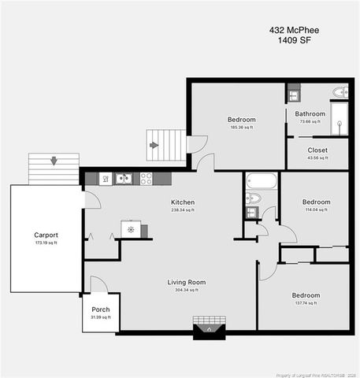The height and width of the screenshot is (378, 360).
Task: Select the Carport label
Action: pos(46,235)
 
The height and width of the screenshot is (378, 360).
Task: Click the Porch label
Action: pos(101,309)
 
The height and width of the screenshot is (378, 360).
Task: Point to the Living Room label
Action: pos(187,282)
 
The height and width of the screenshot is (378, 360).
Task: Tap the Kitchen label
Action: pos(183,202)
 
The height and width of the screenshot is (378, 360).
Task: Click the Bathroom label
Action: pos(310,113)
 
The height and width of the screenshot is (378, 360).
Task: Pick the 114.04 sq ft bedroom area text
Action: pos(316,209)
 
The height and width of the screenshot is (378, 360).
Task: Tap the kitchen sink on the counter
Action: pos(123,179)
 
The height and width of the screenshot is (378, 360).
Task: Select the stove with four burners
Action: pos(146,179)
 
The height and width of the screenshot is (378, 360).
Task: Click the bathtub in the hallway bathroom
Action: pos(261,180)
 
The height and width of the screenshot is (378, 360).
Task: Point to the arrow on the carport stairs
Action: pos(54,161)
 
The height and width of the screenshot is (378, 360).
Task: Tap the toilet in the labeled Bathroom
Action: pos(340,92)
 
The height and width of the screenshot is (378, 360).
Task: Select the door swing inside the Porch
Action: pos(98,285)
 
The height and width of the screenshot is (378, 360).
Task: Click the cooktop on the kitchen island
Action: pos(131,230)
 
